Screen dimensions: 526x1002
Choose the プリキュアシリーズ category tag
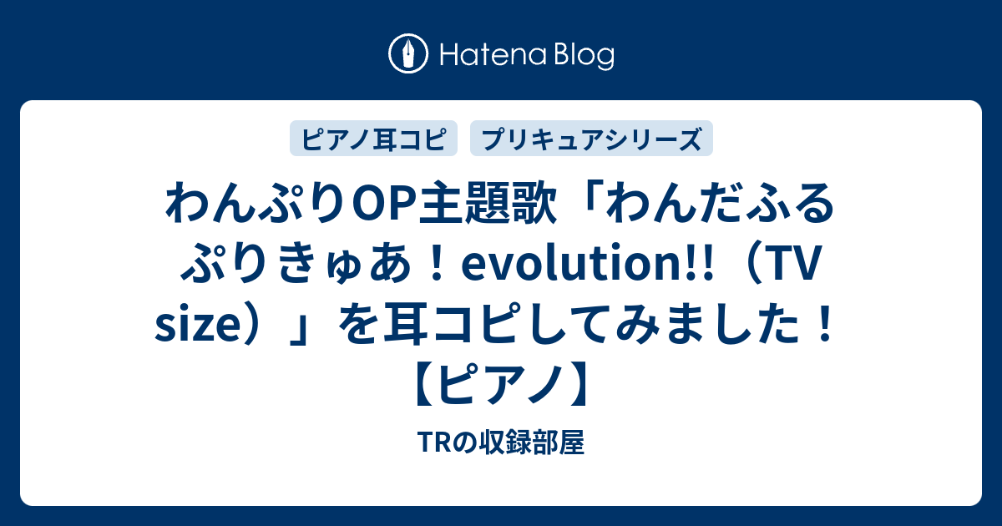[x=591, y=139]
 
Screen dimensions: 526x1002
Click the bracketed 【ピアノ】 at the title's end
[x=501, y=387]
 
